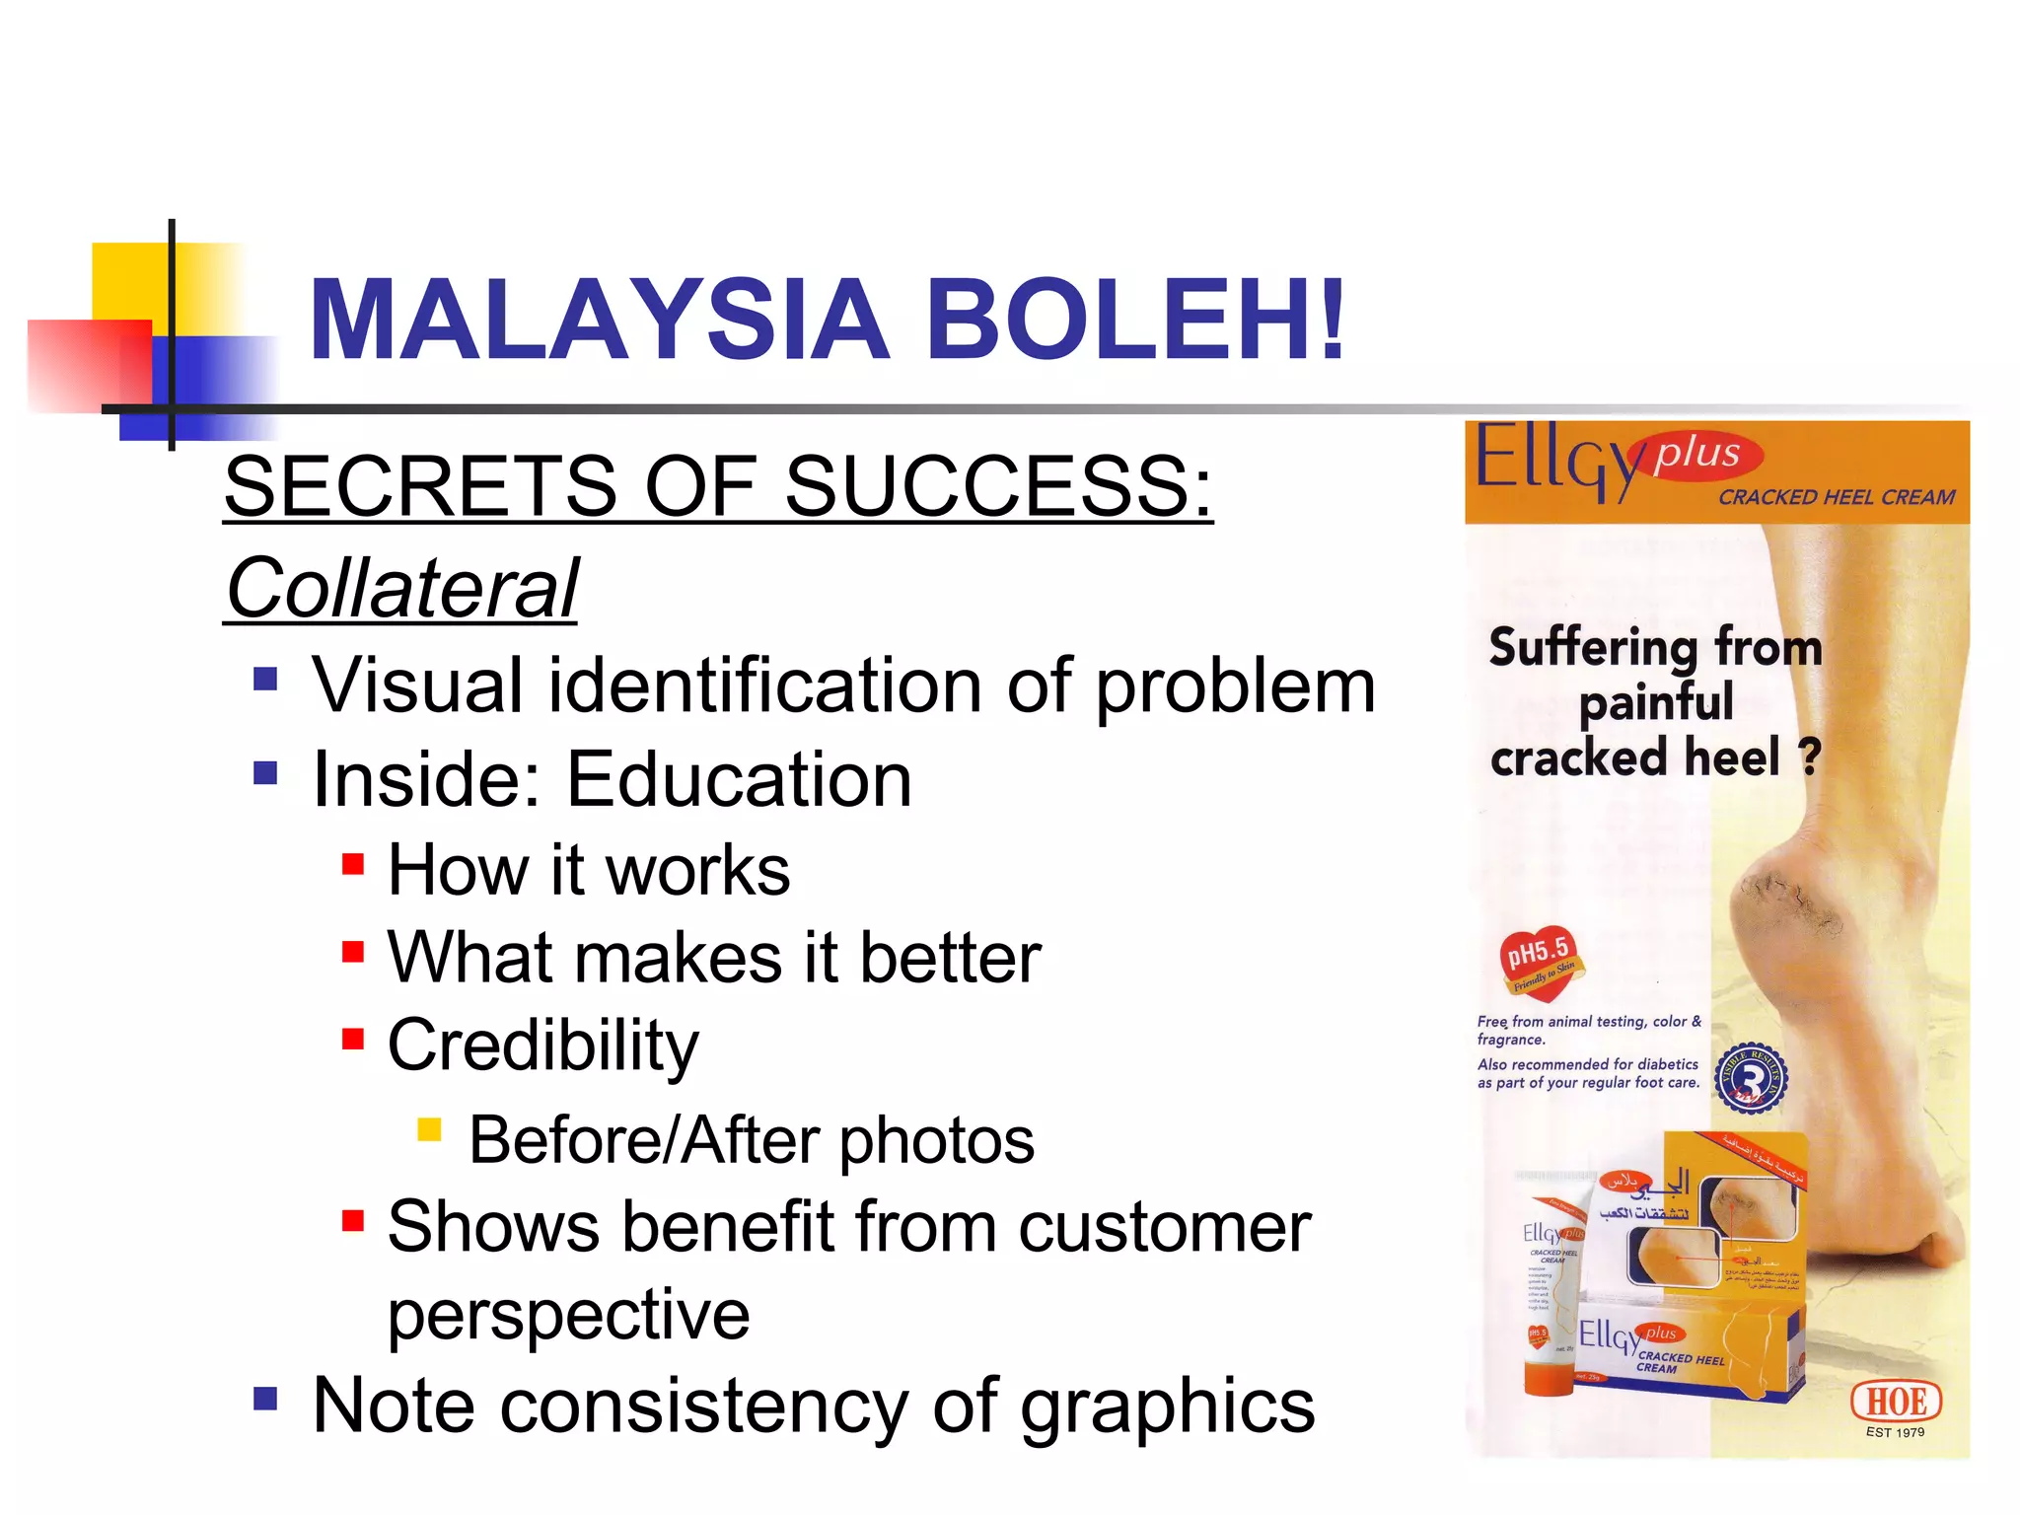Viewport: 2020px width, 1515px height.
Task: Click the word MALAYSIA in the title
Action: click(599, 320)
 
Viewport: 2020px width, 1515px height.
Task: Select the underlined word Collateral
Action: click(402, 589)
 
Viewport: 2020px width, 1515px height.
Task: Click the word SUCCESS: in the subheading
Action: click(997, 486)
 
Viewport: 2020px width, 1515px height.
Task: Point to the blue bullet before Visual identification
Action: click(265, 680)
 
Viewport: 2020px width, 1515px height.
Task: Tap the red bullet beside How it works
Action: click(353, 865)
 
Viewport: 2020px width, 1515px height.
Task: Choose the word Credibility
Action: click(542, 1046)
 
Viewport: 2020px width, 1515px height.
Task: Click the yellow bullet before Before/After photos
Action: click(429, 1129)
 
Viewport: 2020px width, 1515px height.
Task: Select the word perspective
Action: click(568, 1317)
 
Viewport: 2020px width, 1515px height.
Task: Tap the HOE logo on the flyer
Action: click(1896, 1402)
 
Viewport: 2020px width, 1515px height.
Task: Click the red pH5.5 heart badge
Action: click(1540, 958)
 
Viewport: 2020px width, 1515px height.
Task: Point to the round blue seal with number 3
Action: click(1751, 1078)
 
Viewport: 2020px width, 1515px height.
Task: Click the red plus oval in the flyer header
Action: click(1698, 454)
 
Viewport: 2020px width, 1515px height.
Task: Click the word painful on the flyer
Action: click(1656, 703)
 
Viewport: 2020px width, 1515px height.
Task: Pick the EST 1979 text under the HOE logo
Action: click(1895, 1433)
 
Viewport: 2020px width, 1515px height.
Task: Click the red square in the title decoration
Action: click(89, 365)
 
